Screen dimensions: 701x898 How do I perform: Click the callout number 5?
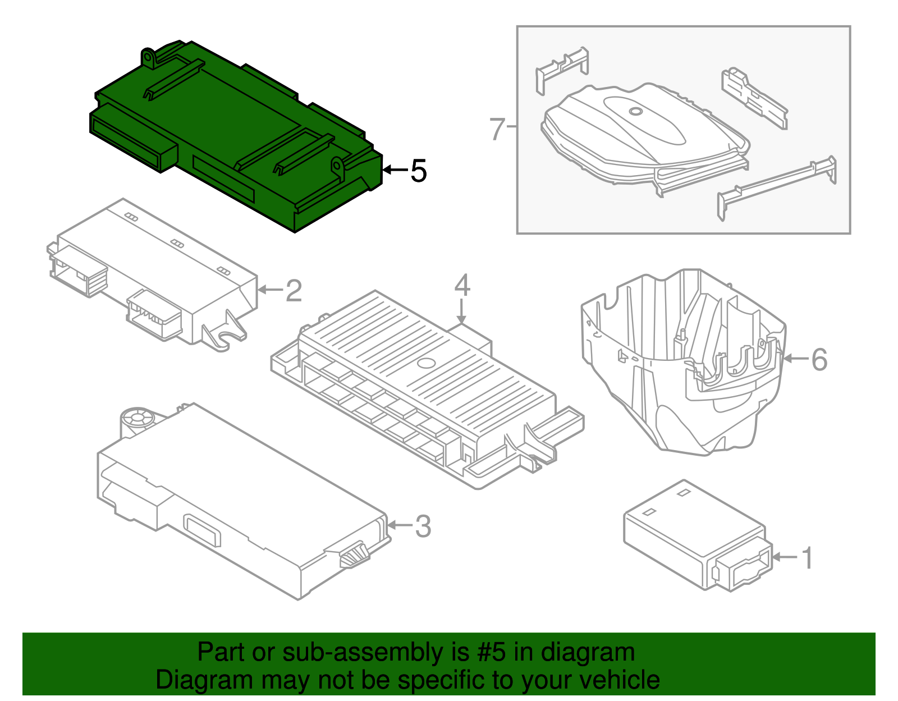(x=419, y=171)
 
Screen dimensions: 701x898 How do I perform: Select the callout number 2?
(x=294, y=291)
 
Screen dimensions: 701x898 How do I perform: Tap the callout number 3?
(x=423, y=526)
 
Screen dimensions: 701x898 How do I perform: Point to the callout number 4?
(x=462, y=285)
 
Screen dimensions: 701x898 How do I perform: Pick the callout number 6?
(x=819, y=359)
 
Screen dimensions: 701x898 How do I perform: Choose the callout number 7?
(x=497, y=129)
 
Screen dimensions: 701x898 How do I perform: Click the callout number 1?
(x=807, y=558)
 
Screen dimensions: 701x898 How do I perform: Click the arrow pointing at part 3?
(x=400, y=525)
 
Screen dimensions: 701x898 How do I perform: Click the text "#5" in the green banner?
(x=491, y=652)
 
